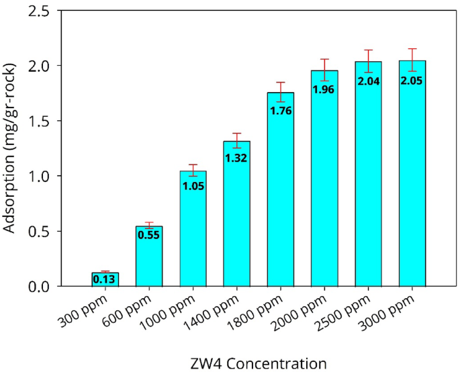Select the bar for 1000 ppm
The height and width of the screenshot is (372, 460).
(x=193, y=228)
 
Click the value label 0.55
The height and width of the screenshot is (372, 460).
(x=149, y=235)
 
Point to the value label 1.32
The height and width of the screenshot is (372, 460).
(x=236, y=158)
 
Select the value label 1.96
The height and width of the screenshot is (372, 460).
(x=324, y=87)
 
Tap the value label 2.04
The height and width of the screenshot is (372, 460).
(x=368, y=81)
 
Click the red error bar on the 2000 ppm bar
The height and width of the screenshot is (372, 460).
(x=324, y=70)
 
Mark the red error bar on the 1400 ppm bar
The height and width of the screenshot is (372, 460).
(x=236, y=140)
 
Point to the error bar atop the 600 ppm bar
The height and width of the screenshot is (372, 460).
(x=149, y=226)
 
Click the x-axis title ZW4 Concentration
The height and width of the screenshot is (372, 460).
(x=259, y=363)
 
